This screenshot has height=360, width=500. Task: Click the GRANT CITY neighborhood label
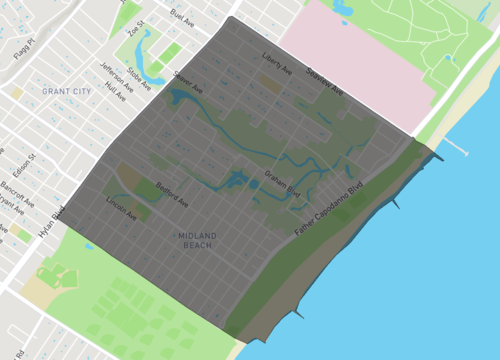pos(65,91)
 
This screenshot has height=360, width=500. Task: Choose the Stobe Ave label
pos(140,78)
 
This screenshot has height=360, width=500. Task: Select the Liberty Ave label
pos(275,62)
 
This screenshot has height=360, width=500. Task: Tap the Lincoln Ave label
pos(122,209)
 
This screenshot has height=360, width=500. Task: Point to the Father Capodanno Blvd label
pos(327,209)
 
